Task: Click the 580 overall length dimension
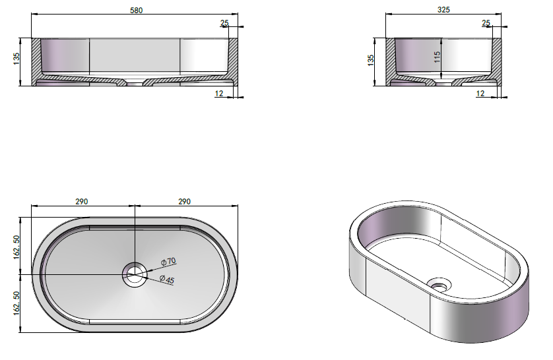coord(137,10)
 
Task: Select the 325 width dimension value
coord(443,10)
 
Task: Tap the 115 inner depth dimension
coord(438,57)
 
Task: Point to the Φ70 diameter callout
coord(168,262)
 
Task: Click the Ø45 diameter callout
coord(167,280)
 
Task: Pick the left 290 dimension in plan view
coord(81,202)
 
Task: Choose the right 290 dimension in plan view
coord(184,202)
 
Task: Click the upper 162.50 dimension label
coord(16,247)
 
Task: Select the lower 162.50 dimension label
coord(16,303)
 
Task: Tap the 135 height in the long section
coord(16,59)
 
